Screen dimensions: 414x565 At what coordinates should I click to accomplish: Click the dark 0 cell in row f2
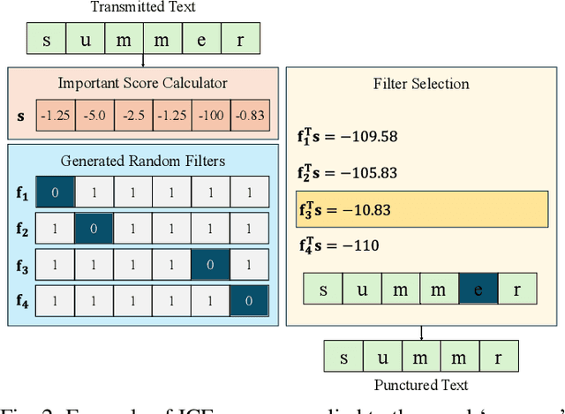93,229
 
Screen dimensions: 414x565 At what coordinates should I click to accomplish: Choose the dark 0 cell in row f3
209,264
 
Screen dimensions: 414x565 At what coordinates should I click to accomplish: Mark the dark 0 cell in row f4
249,300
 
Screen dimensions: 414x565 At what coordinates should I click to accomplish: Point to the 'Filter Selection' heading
421,85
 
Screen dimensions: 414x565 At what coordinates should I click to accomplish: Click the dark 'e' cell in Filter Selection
478,289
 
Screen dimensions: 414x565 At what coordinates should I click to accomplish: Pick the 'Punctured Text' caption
420,385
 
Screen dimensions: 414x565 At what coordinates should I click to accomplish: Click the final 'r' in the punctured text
497,357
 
